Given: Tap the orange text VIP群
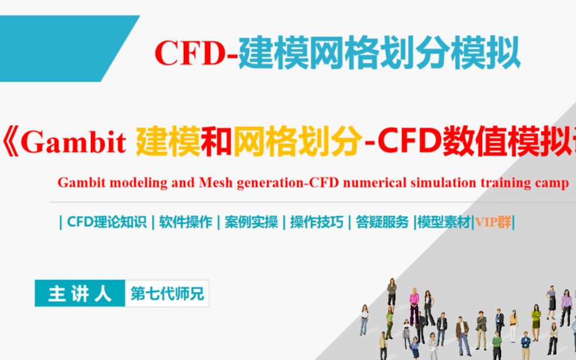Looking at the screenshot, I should click(493, 223).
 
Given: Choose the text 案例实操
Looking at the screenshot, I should click(251, 223).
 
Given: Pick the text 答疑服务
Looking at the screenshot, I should click(382, 223).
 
